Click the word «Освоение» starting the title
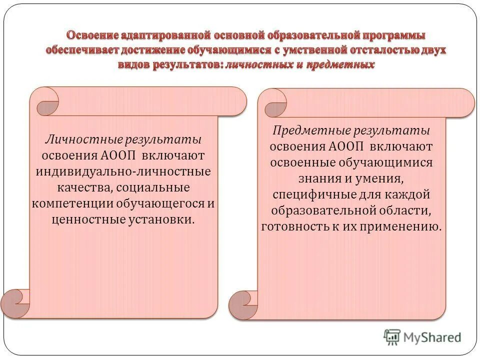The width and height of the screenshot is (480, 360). [92, 35]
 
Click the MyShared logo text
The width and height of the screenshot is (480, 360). [432, 337]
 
